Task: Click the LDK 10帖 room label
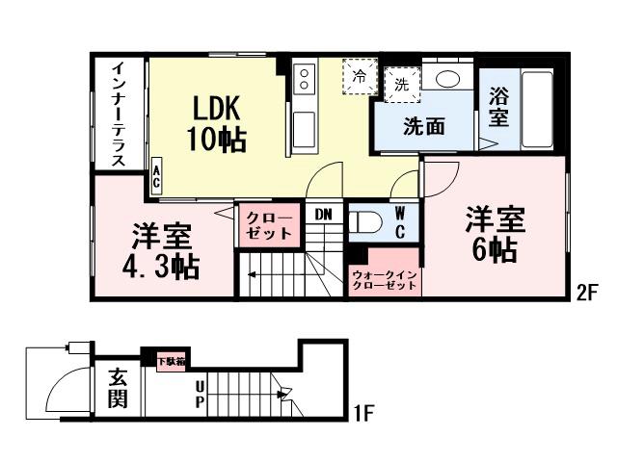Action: pyautogui.click(x=216, y=122)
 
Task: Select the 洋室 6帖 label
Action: pyautogui.click(x=495, y=234)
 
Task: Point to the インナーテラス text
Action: pyautogui.click(x=118, y=114)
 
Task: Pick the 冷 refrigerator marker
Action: pyautogui.click(x=360, y=75)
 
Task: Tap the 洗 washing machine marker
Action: pyautogui.click(x=399, y=84)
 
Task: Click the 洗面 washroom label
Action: pyautogui.click(x=424, y=126)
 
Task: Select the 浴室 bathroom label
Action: pyautogui.click(x=498, y=106)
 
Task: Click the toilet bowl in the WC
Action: pyautogui.click(x=365, y=222)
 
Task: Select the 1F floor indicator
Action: pyautogui.click(x=362, y=415)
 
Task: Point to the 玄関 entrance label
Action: pyautogui.click(x=117, y=388)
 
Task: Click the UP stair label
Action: pyautogui.click(x=199, y=393)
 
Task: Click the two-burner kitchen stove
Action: pyautogui.click(x=305, y=76)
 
